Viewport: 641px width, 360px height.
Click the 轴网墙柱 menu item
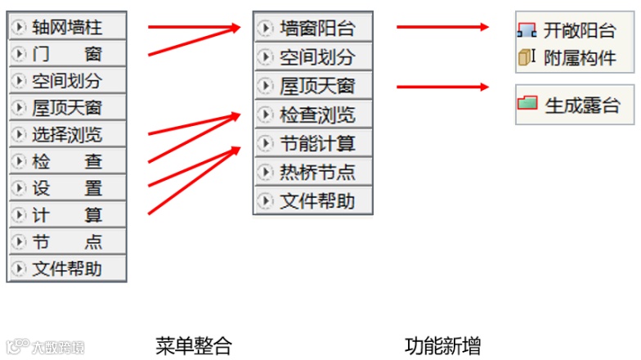[67, 28]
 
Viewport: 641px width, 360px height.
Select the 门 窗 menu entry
[67, 55]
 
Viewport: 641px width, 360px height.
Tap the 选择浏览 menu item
[67, 134]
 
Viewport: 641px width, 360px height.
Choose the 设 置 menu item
[67, 188]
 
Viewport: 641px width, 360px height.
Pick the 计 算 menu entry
[67, 215]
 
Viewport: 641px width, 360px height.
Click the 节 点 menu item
[67, 242]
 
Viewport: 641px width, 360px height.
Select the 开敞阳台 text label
[580, 31]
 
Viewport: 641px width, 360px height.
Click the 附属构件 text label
[580, 58]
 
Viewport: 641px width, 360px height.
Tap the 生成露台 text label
[583, 106]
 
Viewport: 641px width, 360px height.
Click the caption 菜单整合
[193, 345]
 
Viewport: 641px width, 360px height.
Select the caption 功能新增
[442, 345]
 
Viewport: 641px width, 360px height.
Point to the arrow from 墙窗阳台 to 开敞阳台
[442, 27]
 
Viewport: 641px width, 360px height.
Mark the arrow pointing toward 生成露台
[442, 85]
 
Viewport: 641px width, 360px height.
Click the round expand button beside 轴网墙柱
[19, 28]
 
